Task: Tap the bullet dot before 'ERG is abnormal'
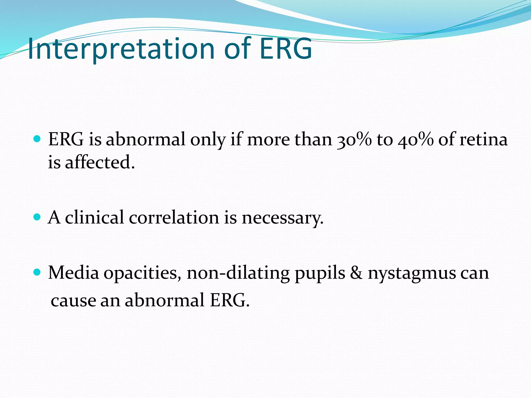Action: point(37,139)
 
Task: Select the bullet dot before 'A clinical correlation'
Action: point(37,217)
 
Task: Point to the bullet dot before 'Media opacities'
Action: point(37,272)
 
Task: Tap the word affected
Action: point(100,163)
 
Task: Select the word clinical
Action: point(94,217)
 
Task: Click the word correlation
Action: point(174,217)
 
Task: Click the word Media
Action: point(74,273)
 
